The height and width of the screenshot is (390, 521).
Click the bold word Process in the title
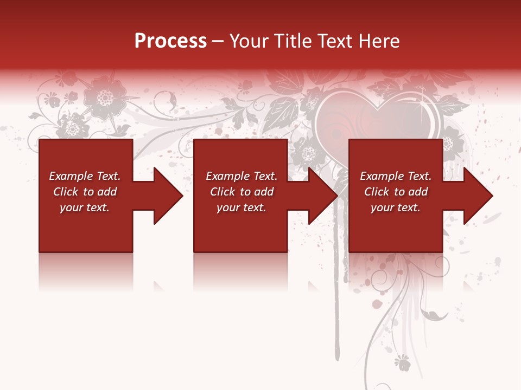pyautogui.click(x=170, y=41)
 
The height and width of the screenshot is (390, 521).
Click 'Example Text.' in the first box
pyautogui.click(x=85, y=176)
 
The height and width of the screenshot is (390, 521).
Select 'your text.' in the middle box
pyautogui.click(x=241, y=207)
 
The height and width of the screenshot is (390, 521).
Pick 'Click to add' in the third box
pyautogui.click(x=396, y=192)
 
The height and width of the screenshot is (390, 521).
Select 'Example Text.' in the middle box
pyautogui.click(x=242, y=176)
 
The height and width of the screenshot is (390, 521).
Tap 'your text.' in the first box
pyautogui.click(x=85, y=207)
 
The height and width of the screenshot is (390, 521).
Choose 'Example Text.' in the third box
pyautogui.click(x=396, y=176)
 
